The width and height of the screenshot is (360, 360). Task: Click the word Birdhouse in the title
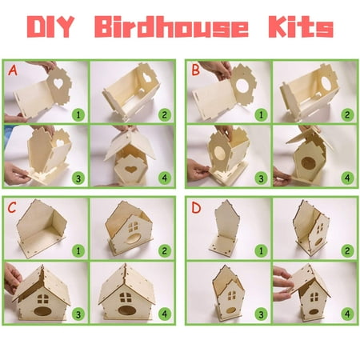[x=171, y=26]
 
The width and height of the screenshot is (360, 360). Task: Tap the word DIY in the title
[x=50, y=26]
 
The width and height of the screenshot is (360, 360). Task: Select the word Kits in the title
[x=301, y=26]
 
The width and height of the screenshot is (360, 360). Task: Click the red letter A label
[x=13, y=70]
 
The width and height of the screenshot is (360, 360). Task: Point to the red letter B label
[x=195, y=70]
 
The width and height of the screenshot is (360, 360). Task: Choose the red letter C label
[x=12, y=207]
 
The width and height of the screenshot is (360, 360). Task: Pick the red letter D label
[x=196, y=208]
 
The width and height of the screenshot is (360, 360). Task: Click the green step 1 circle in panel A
[x=78, y=114]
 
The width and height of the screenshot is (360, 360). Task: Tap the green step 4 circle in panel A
[x=165, y=178]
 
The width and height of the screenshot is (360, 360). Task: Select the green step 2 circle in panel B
[x=347, y=114]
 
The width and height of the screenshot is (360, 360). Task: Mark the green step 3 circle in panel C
[x=78, y=314]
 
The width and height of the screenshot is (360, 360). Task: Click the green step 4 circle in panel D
[x=347, y=314]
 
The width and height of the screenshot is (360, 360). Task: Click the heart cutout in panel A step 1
[x=58, y=83]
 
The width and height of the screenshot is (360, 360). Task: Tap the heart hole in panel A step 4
[x=130, y=169]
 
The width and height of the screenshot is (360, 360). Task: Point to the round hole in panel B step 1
[x=242, y=85]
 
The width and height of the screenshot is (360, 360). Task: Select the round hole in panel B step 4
[x=308, y=162]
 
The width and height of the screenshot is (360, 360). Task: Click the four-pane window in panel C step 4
[x=126, y=298]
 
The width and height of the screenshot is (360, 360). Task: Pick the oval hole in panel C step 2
[x=133, y=238]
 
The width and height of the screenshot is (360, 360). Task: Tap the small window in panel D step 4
[x=314, y=297]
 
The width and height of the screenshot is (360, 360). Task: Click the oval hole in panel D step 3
[x=231, y=310]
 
